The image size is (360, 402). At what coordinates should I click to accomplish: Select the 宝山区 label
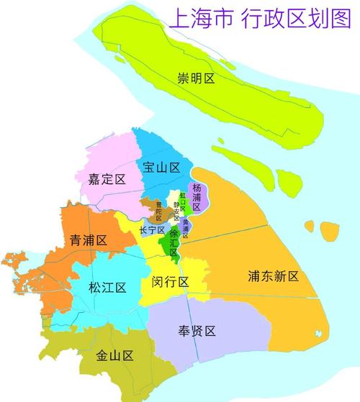(161, 168)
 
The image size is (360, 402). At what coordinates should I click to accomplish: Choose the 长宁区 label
(152, 230)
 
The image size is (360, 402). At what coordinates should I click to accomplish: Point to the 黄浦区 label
(185, 228)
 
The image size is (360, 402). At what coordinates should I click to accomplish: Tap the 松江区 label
(107, 288)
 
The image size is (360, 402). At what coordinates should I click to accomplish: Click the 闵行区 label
(171, 282)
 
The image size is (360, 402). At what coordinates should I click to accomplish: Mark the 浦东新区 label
(273, 276)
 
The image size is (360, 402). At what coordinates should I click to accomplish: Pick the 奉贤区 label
(197, 332)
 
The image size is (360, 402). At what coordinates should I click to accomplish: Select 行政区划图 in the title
(296, 18)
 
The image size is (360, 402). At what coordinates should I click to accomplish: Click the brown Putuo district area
(148, 206)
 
